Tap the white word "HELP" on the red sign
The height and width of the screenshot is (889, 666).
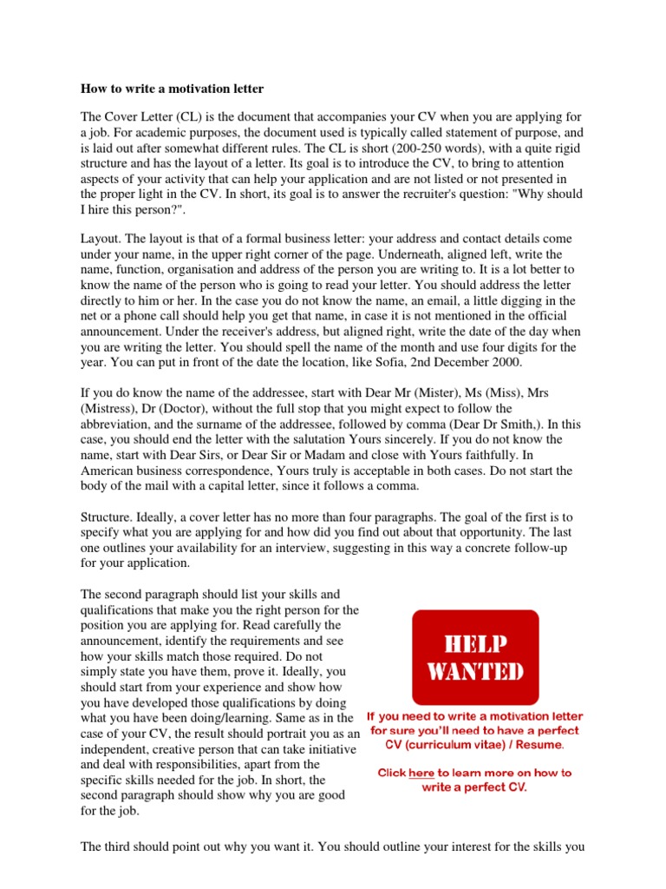point(475,644)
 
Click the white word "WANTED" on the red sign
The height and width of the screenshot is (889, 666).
point(475,673)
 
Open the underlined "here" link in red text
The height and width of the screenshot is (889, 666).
point(421,773)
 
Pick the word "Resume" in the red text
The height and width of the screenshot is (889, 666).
point(542,744)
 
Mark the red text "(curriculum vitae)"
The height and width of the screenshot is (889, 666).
point(453,744)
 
